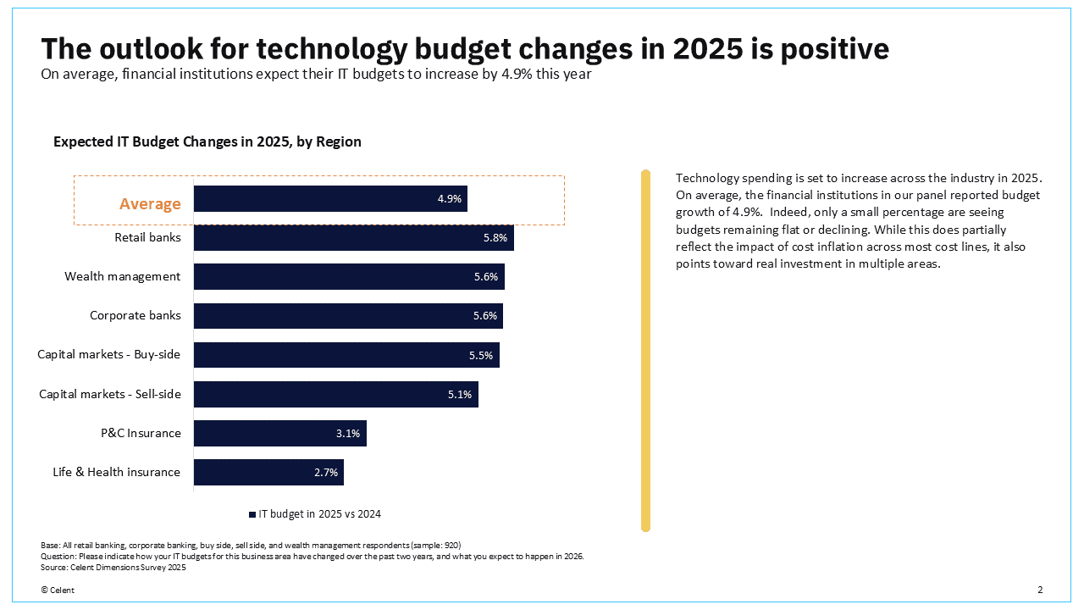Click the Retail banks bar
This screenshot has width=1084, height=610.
(353, 238)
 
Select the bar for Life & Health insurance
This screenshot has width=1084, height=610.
(268, 472)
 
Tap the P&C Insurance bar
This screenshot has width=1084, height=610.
(279, 433)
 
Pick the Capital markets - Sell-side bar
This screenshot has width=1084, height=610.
(335, 394)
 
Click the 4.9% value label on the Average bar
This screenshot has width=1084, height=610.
(449, 199)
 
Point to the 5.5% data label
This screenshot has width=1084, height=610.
(480, 356)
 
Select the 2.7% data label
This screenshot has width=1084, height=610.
(326, 473)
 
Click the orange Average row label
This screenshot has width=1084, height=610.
(150, 204)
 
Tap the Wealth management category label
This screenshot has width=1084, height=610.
(122, 276)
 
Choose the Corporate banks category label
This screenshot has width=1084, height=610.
(135, 315)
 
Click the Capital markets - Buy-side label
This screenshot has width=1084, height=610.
(108, 354)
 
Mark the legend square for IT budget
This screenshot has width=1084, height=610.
(252, 514)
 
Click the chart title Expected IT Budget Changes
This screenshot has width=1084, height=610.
(207, 141)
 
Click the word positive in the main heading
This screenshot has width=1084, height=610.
(834, 48)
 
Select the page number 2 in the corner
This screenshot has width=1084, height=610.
(1040, 590)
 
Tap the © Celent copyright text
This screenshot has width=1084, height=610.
(57, 590)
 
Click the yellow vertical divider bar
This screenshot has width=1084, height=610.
(645, 351)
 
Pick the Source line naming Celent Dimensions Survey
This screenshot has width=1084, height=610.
(113, 568)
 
